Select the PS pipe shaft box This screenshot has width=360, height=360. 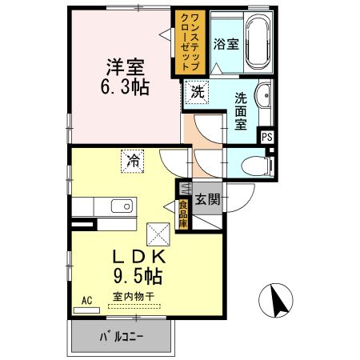[268, 136]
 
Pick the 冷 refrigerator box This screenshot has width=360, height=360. [134, 160]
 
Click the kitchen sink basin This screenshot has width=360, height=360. [121, 207]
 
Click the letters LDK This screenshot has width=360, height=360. [137, 258]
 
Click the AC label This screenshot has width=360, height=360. [88, 301]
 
